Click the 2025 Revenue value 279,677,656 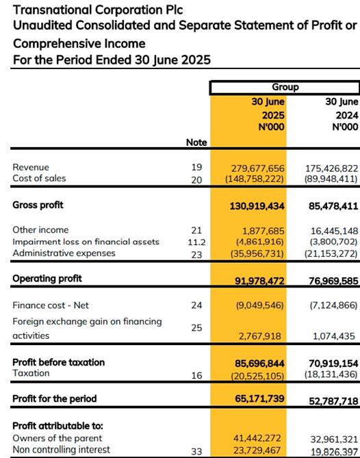point(257,168)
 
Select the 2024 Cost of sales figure point(331,179)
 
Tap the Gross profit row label point(38,205)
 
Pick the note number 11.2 point(196,242)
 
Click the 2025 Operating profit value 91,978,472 point(259,281)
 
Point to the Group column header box point(285,88)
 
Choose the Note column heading point(196,142)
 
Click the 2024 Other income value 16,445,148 point(334,231)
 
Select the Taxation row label point(31,373)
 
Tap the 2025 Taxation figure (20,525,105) point(257,376)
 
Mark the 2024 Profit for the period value point(333,401)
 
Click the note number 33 point(196,452)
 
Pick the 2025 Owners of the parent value point(257,438)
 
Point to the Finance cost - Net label point(51,305)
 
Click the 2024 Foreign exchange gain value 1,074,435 point(334,336)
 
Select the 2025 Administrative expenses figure point(257,253)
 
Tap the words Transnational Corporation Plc point(98,10)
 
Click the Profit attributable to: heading point(57,426)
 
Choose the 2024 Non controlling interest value point(334,452)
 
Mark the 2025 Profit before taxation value point(259,364)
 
